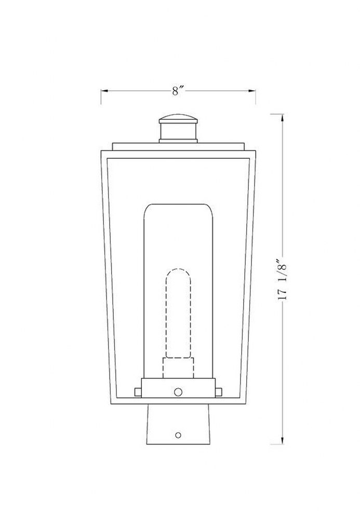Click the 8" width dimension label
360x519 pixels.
point(178,91)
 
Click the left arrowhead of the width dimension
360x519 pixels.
point(104,90)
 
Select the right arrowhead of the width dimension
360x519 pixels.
point(252,90)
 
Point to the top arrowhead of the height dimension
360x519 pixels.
point(282,118)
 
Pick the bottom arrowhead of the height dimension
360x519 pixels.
point(282,440)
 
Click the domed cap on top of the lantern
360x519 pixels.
point(178,119)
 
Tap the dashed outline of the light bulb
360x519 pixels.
point(178,313)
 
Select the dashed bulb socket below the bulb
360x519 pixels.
point(178,368)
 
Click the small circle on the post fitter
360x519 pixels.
point(178,435)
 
